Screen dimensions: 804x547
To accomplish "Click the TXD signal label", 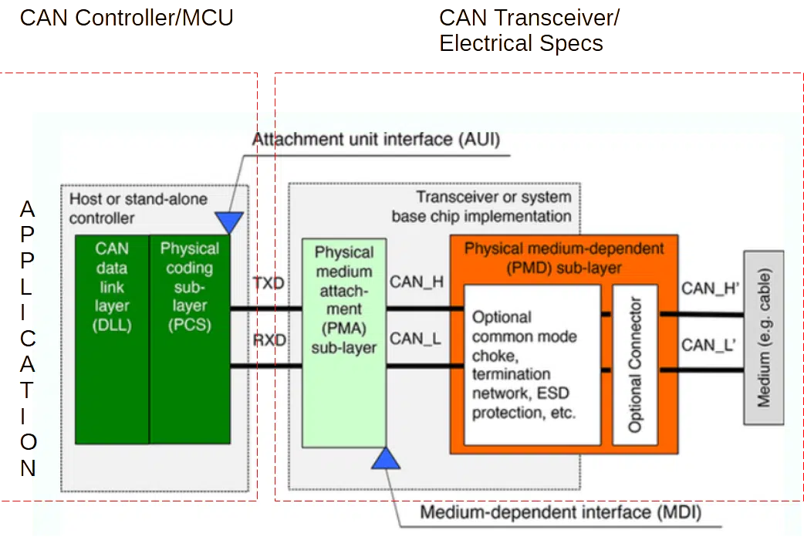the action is (x=269, y=283).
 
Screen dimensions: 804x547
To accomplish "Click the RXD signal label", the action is (x=269, y=340).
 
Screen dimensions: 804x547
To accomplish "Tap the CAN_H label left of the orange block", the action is (x=417, y=282).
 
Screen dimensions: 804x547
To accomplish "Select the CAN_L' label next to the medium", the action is (x=708, y=345).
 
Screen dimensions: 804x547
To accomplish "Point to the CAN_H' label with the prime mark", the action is (x=710, y=289).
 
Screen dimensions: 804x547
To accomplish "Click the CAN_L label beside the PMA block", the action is (x=415, y=339).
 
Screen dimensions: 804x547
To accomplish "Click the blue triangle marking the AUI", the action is (x=229, y=222).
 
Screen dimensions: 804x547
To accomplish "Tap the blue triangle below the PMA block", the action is (x=386, y=458).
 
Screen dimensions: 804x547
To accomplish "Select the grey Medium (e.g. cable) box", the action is (x=764, y=337).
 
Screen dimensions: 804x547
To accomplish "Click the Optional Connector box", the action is (x=635, y=364).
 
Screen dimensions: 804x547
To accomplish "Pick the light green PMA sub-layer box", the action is (x=344, y=343).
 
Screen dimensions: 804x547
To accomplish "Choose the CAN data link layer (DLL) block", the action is (x=113, y=339).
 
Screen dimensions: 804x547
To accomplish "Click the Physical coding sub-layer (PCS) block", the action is (x=190, y=339).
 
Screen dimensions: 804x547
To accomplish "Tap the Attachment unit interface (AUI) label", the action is (x=376, y=140).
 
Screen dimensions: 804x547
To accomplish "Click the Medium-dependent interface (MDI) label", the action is (x=561, y=512).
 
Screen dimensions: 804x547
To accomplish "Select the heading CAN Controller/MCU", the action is (x=127, y=18).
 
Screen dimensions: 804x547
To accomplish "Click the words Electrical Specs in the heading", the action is (x=521, y=43).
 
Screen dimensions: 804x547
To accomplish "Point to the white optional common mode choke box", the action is (x=532, y=364).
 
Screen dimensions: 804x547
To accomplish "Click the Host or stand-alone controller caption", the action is (x=138, y=208).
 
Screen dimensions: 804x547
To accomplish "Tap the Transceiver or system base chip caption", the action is (x=481, y=206).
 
